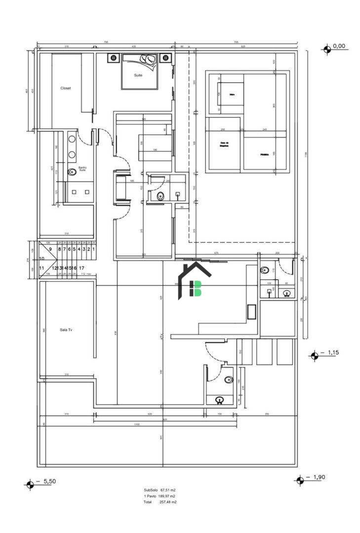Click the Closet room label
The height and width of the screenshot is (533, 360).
point(66,88)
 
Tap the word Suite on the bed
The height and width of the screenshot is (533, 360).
point(139,76)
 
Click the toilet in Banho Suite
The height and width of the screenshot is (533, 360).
point(72,172)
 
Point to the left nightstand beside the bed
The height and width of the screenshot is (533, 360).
point(114,58)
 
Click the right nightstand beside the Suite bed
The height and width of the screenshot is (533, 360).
point(165,58)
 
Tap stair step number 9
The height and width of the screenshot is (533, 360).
point(50,249)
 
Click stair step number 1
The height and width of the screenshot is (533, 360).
point(93,249)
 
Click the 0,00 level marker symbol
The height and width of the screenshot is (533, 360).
point(326,48)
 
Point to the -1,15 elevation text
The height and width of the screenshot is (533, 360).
point(332,353)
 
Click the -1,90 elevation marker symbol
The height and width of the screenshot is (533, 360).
point(299,480)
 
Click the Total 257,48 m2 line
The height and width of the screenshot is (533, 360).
point(160,502)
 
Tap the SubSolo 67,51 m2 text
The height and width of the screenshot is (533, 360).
point(160,490)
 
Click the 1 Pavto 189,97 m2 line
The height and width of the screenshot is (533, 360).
point(160,496)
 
